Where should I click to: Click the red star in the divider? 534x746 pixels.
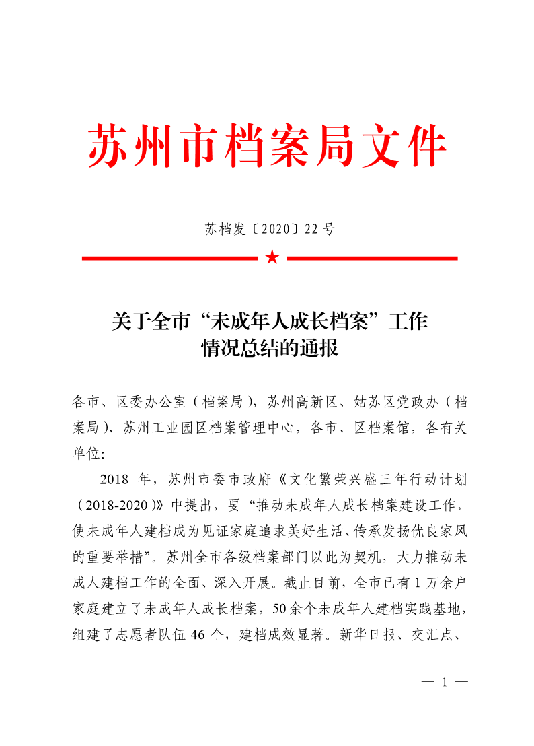pyautogui.click(x=272, y=257)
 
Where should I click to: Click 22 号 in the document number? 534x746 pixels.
pyautogui.click(x=319, y=229)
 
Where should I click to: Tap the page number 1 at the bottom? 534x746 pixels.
pyautogui.click(x=445, y=682)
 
